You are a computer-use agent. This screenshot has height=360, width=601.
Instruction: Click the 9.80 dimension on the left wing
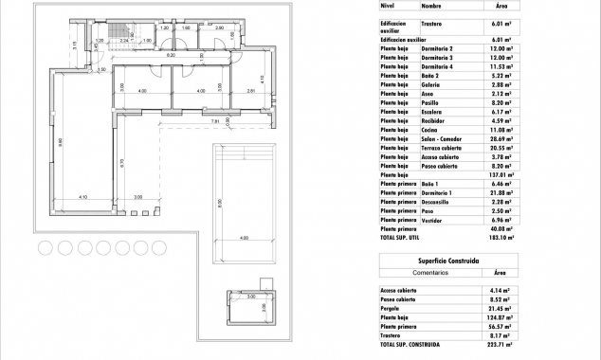[x=60, y=142]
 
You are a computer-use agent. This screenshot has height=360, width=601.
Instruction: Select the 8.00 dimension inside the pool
[x=219, y=202]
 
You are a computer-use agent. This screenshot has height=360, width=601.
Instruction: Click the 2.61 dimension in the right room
[x=249, y=91]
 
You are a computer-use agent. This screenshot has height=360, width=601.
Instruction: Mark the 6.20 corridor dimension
[x=171, y=57]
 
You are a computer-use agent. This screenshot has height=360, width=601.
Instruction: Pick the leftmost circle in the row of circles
[x=45, y=248]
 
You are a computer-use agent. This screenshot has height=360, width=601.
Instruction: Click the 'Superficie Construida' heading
[x=446, y=260]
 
